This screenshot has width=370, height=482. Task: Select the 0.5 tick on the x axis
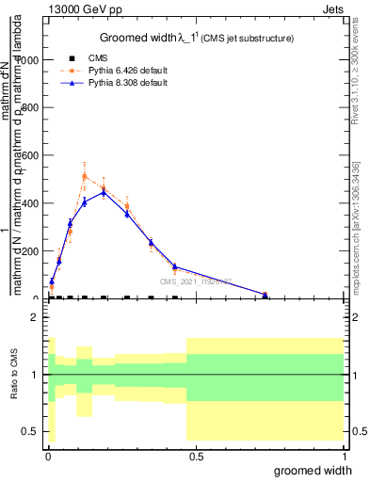coord(196,458)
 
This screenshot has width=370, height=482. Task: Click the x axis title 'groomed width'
coord(319,469)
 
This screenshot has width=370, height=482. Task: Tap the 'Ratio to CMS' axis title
coord(14,374)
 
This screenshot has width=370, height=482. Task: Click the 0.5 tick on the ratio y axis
coord(30,431)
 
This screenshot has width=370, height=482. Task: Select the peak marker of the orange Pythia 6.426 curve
coord(85,176)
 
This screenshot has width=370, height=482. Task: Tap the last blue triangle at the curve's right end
coord(265,295)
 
